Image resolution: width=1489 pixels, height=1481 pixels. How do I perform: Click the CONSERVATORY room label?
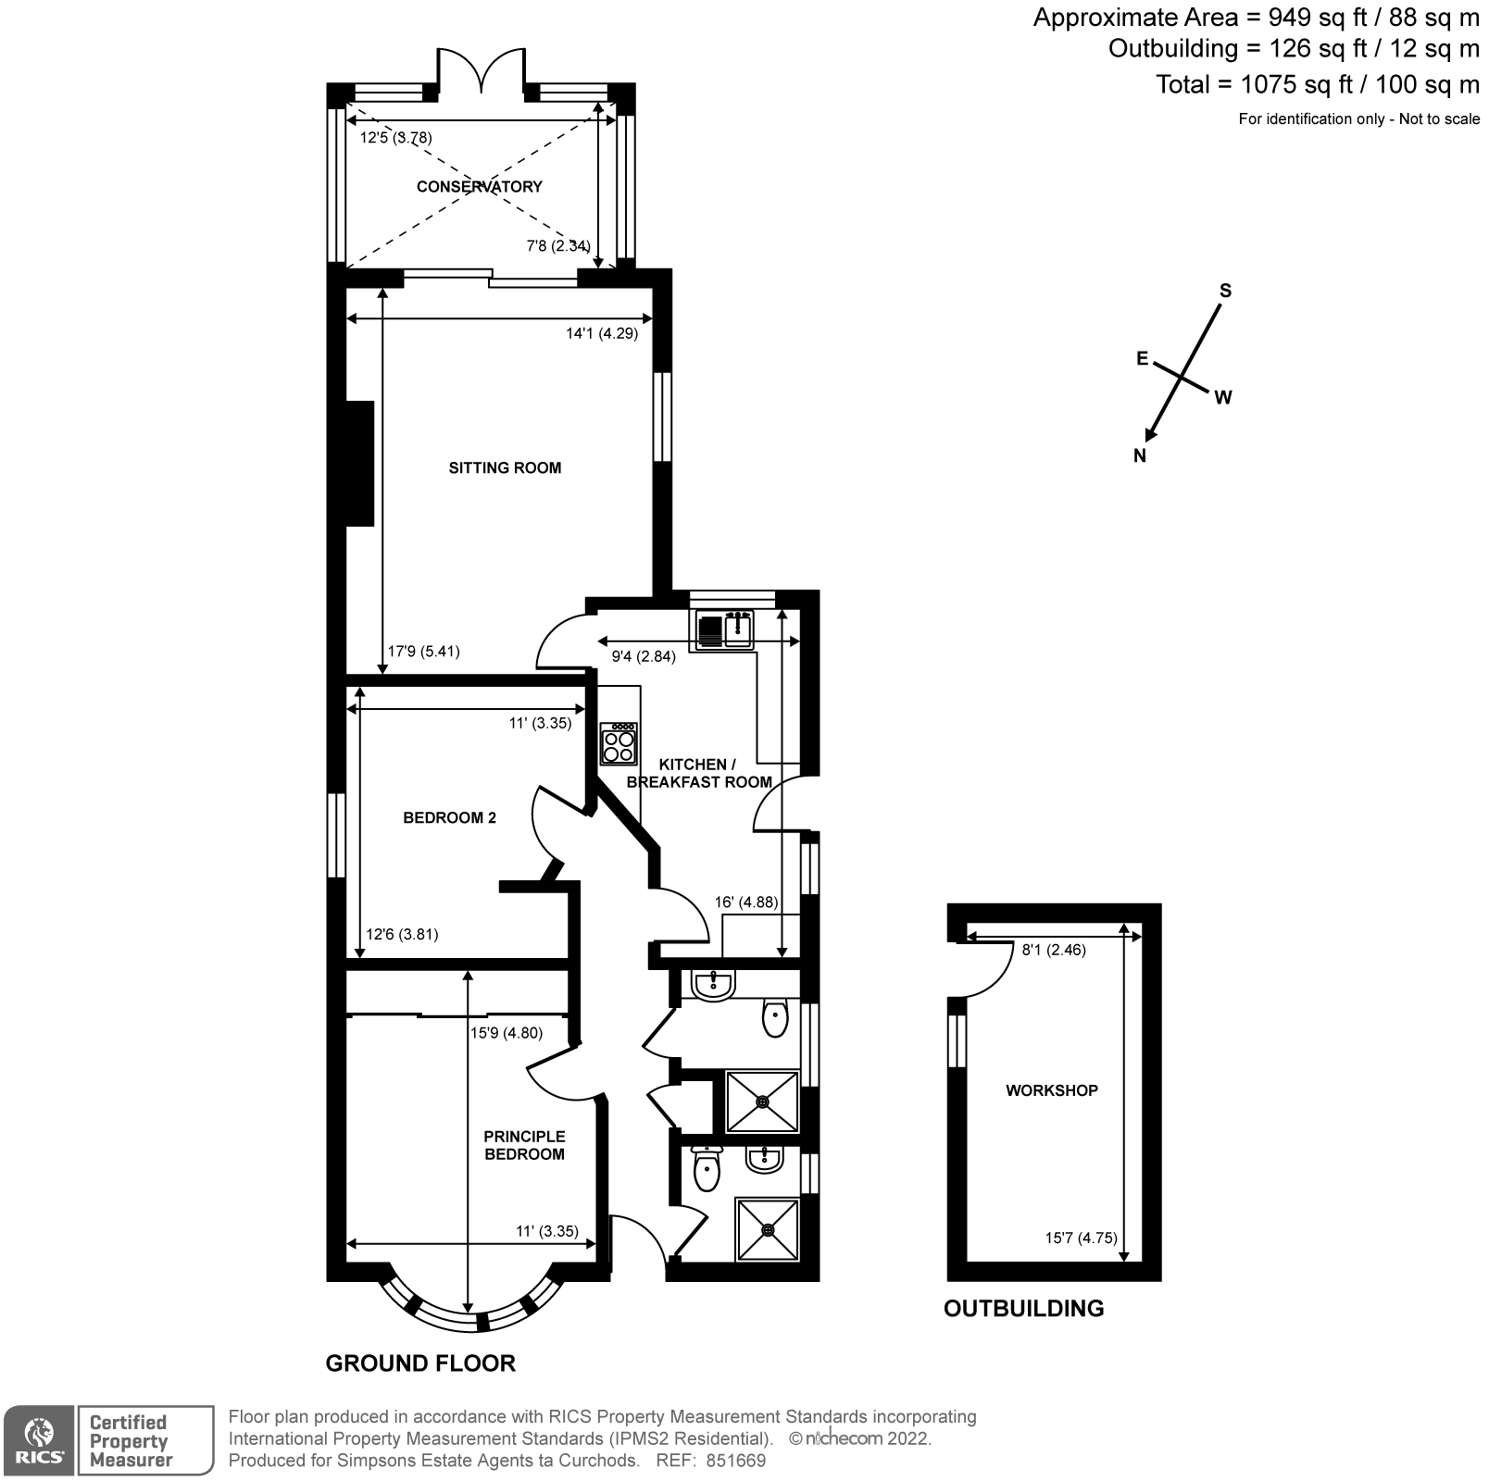click(x=479, y=186)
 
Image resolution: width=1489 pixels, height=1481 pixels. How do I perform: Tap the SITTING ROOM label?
click(x=505, y=467)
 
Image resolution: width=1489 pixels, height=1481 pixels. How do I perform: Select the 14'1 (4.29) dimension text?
click(x=602, y=333)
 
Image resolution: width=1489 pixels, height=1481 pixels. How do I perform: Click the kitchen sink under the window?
click(x=725, y=629)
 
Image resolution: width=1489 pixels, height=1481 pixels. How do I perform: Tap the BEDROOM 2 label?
click(x=449, y=817)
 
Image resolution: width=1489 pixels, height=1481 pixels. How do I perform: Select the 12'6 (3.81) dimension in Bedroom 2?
click(x=402, y=934)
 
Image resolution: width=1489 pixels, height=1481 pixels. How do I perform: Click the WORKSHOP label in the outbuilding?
click(x=1051, y=1090)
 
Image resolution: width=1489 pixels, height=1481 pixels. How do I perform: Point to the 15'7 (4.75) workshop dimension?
click(x=1081, y=1238)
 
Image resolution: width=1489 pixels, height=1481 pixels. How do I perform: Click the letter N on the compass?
click(x=1139, y=455)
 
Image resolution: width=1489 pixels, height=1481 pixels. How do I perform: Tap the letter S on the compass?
click(x=1225, y=291)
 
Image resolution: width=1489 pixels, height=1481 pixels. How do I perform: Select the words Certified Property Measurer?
click(x=130, y=1441)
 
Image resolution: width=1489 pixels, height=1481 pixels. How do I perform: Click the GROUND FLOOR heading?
click(x=420, y=1363)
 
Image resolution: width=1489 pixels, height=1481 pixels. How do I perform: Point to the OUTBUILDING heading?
click(x=1023, y=1308)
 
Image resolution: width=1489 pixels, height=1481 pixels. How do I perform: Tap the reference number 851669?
click(x=735, y=1462)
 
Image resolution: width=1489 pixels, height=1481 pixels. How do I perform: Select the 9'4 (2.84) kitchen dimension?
click(x=644, y=656)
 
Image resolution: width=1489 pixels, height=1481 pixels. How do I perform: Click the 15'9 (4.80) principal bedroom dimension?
click(x=507, y=1033)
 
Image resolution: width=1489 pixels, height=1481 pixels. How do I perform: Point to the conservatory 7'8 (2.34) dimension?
click(x=557, y=246)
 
